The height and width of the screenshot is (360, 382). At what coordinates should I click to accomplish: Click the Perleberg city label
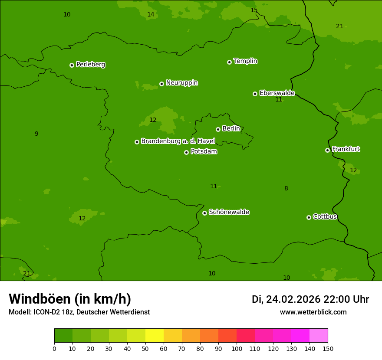90,65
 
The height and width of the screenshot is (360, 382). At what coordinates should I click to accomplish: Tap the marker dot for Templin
229,62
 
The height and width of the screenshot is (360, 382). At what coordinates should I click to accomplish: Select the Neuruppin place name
181,83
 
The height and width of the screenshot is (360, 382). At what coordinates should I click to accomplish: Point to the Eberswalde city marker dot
255,94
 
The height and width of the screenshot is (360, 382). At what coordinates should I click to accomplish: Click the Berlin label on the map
231,129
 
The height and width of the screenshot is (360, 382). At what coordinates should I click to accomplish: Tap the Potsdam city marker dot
186,152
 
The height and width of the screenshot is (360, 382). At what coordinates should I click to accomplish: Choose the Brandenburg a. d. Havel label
178,141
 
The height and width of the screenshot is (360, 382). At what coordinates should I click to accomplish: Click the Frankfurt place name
346,149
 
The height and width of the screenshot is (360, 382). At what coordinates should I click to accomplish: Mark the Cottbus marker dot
309,217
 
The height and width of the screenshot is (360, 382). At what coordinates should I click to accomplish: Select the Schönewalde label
229,212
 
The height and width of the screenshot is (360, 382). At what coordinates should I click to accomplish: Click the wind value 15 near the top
254,10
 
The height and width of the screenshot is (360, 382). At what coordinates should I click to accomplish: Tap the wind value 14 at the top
151,15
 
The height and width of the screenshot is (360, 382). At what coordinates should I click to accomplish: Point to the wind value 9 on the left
36,134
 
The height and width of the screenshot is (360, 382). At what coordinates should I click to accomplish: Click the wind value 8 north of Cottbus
286,189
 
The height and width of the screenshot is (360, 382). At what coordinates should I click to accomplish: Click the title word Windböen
40,299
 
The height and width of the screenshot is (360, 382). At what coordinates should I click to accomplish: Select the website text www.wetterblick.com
313,312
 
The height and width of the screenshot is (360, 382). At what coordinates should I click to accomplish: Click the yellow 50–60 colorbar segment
155,336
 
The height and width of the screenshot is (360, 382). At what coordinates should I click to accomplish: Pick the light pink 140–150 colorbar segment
319,336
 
